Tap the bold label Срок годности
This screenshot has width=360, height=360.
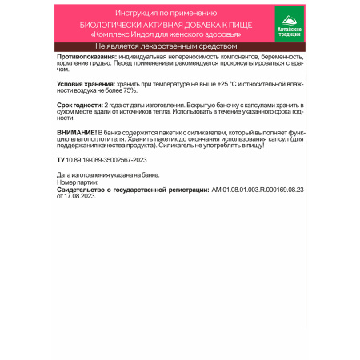[x=81, y=106]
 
